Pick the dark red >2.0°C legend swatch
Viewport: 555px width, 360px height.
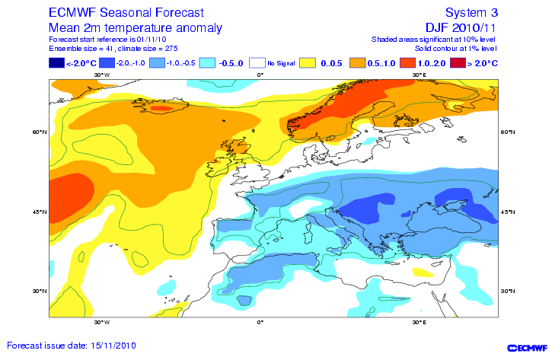coord(459,63)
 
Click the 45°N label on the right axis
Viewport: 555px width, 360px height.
coord(507,211)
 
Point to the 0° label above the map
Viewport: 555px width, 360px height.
coord(260,75)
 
